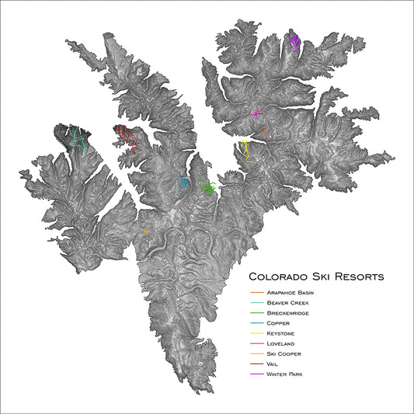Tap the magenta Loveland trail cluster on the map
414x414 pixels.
[x=257, y=113]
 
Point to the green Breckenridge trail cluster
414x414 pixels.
[x=207, y=187]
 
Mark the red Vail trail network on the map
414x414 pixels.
[x=126, y=138]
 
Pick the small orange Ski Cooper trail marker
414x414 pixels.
[x=144, y=231]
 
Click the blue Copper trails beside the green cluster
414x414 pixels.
[x=183, y=185]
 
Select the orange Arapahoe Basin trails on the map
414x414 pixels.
[x=266, y=132]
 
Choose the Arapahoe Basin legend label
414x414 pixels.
[x=290, y=292]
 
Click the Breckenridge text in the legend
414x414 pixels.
[x=287, y=312]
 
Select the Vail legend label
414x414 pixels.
[x=272, y=364]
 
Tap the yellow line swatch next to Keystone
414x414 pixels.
[x=256, y=333]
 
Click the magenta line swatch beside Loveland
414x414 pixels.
[x=256, y=343]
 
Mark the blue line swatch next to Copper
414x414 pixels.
[x=256, y=323]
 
